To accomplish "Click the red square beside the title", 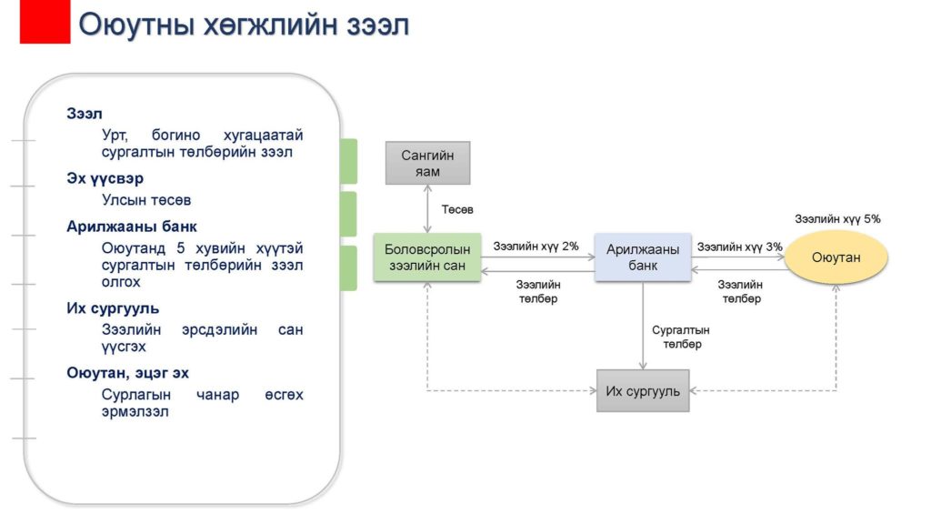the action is pos(45,22).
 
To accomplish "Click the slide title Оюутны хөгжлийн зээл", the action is pos(244,25).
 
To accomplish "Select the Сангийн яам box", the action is pos(427,163).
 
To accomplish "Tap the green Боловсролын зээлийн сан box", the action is pos(427,257).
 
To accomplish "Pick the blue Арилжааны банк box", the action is pos(643,257).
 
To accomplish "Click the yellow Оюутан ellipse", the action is pos(836,257).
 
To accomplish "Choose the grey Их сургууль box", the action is pos(643,391).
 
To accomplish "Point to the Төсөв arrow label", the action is pos(457,210).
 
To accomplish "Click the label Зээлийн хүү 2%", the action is pos(536,246).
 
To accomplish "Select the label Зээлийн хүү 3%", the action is pos(739,247).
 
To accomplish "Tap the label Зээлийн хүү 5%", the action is pos(837,219).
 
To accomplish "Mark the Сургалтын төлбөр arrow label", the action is pos(681,337).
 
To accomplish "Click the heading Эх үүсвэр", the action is pos(105,178).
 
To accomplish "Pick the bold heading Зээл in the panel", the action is pos(85,114).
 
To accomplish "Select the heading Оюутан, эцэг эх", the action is pos(127,373).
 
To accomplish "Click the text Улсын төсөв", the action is pos(146,200).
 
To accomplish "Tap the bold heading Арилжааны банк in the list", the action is pos(131,227).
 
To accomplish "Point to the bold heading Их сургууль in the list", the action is pos(113,308).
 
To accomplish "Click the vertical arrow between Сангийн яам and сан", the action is pos(427,209).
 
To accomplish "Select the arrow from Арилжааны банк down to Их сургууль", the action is pos(643,326).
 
